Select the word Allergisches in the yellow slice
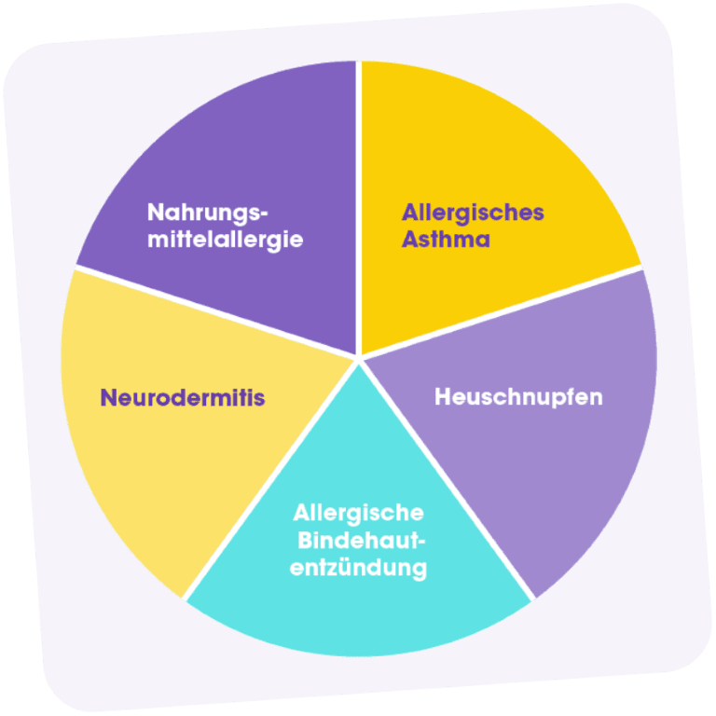473,213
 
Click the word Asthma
446,240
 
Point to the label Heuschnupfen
518,396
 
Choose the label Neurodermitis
183,398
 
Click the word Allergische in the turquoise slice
358,513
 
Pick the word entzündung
359,567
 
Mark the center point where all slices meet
359,358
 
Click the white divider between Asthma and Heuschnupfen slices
503,311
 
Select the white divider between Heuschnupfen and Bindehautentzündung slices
447,479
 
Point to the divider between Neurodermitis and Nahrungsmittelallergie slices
214,311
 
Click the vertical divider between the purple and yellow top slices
359,205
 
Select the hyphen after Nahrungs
274,212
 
